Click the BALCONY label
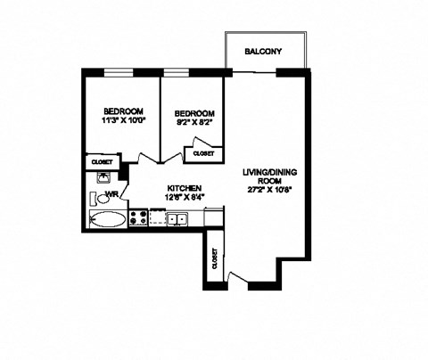264,53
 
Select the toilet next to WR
103,199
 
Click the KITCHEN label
183,187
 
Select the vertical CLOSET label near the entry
216,259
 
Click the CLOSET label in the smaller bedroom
203,153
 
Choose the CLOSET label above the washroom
100,162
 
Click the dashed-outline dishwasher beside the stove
157,217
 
